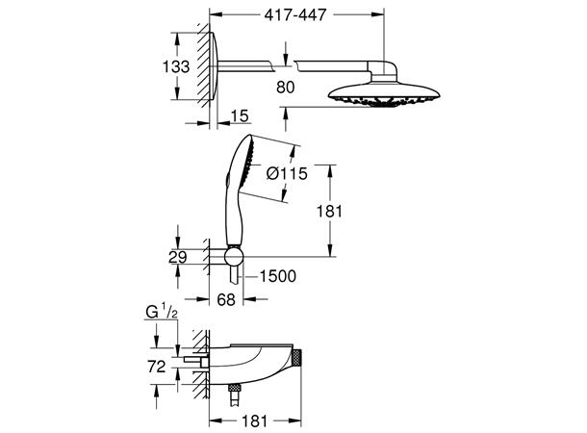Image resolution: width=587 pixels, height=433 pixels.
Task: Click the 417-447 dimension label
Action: [295, 15]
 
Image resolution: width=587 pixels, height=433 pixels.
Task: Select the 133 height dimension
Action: [176, 67]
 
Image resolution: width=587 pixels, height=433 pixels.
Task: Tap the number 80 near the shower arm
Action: [286, 88]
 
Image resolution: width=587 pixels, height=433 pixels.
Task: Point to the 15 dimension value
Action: [240, 116]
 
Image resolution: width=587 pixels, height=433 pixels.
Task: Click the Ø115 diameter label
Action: [287, 173]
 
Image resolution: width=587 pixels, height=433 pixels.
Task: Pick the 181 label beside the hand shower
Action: [329, 212]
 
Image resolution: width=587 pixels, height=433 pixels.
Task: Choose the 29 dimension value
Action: [177, 258]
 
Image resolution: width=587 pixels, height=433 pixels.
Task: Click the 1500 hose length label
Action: [278, 276]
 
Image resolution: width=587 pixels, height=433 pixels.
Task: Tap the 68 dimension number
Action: [226, 299]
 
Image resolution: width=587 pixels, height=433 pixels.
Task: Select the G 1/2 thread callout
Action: [162, 312]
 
